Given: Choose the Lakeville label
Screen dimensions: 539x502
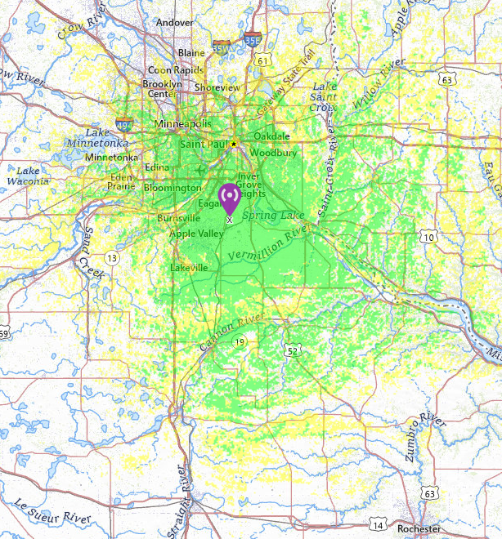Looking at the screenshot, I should pyautogui.click(x=189, y=268).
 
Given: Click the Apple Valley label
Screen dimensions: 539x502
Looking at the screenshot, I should pyautogui.click(x=196, y=234).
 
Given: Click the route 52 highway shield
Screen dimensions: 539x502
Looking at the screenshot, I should pyautogui.click(x=291, y=351).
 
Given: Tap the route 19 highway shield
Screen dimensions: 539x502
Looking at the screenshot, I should pyautogui.click(x=238, y=341).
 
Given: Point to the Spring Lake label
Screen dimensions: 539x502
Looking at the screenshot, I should pyautogui.click(x=272, y=215).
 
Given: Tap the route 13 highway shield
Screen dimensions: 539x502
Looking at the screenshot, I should pyautogui.click(x=111, y=258).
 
